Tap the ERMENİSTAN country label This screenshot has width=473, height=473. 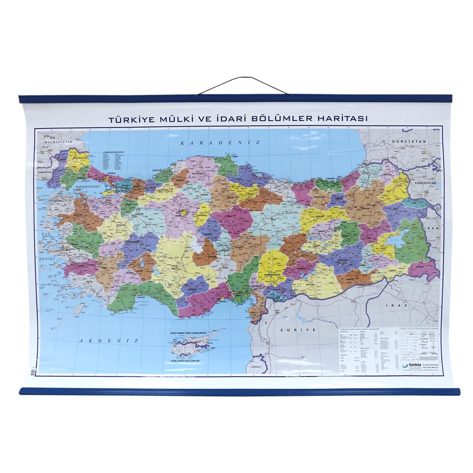coord(423,183)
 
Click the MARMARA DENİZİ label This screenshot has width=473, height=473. coord(87,187)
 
